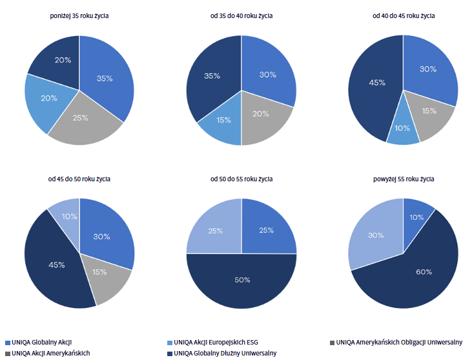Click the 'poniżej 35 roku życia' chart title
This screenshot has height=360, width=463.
[79, 15]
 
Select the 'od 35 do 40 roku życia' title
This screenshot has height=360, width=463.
[241, 15]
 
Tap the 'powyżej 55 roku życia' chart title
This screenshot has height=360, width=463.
[403, 179]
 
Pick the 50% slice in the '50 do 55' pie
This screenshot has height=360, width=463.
[242, 281]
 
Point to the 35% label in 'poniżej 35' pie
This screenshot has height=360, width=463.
[105, 78]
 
